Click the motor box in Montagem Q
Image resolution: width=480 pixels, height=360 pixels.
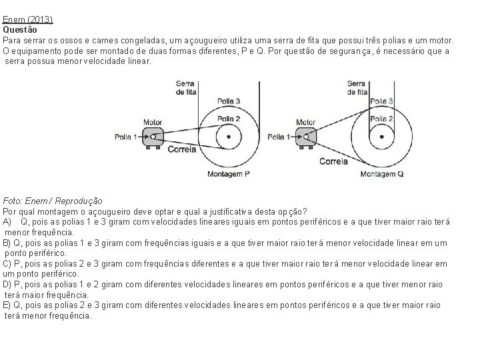coord(305,137)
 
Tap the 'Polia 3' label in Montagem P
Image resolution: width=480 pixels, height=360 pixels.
coord(228,101)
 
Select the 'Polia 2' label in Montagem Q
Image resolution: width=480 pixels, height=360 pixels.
coord(381,118)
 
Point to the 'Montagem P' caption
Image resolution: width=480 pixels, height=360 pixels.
coord(227,173)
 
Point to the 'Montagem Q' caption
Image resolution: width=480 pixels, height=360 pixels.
coord(382,173)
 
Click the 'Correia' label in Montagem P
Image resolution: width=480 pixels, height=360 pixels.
coord(182,149)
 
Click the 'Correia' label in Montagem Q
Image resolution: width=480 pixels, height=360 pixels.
coord(333,161)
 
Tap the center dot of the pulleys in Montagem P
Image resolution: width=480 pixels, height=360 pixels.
coord(229,137)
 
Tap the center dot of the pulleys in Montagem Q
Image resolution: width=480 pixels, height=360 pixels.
coord(381,137)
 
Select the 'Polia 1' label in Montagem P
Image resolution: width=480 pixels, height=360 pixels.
coord(125,137)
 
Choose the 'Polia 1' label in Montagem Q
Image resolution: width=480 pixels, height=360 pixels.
coord(279,137)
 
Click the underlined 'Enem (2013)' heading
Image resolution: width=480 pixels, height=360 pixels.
coord(27,20)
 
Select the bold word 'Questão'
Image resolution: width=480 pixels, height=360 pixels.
coord(20,30)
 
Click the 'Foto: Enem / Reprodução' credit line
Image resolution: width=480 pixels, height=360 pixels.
coord(53,200)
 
